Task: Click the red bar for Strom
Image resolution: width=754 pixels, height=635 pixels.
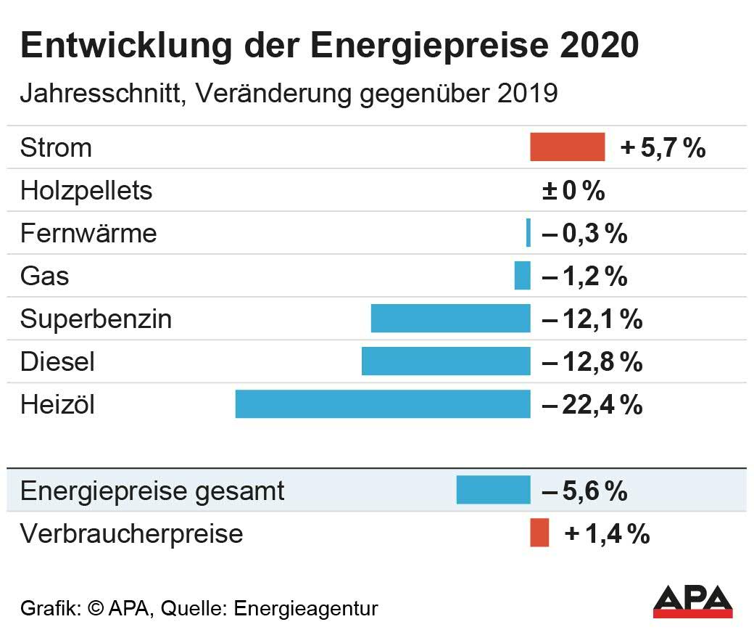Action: [567, 147]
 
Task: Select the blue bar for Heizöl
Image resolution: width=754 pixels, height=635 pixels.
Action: [383, 404]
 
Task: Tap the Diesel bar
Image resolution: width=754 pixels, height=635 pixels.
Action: [446, 361]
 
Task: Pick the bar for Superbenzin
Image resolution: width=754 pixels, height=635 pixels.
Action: [450, 319]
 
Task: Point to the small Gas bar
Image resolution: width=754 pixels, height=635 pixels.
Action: [522, 276]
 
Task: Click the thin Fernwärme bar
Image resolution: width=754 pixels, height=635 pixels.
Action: [529, 233]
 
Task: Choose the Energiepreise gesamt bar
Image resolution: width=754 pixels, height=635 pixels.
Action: [493, 490]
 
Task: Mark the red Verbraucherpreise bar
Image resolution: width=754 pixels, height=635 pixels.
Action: [539, 533]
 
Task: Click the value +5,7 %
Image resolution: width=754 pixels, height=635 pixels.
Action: [663, 148]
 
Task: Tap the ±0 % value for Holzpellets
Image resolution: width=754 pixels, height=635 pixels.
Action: [573, 191]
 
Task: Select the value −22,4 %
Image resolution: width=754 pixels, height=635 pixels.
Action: [592, 405]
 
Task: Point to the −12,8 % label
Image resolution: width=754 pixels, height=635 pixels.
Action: [592, 362]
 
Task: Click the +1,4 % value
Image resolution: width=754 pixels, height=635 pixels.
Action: [607, 534]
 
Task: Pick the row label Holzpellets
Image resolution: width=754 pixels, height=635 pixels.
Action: [86, 191]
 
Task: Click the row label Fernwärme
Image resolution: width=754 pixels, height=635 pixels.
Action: [88, 234]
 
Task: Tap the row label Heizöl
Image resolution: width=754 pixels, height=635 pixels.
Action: [57, 405]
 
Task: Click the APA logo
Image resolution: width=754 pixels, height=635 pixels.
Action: [692, 600]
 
